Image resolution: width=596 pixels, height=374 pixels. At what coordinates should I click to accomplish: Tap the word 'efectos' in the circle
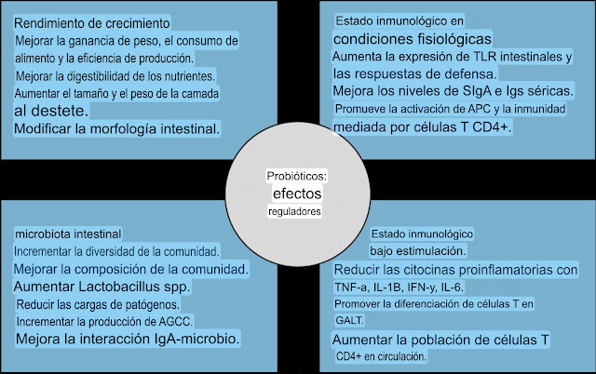pyautogui.click(x=295, y=193)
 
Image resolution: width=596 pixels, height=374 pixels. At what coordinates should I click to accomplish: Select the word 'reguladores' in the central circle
pyautogui.click(x=295, y=212)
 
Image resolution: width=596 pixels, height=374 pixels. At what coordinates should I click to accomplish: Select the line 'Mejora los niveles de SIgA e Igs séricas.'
pyautogui.click(x=453, y=91)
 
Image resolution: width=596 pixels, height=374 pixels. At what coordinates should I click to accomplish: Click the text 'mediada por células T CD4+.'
pyautogui.click(x=422, y=127)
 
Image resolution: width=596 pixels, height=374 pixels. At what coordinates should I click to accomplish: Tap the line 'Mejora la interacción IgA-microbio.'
pyautogui.click(x=128, y=340)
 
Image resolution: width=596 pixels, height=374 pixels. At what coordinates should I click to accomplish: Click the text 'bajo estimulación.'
pyautogui.click(x=418, y=251)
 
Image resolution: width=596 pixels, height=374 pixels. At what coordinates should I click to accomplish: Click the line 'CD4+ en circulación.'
pyautogui.click(x=381, y=356)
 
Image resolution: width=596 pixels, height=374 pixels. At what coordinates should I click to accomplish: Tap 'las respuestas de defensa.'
pyautogui.click(x=414, y=73)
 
